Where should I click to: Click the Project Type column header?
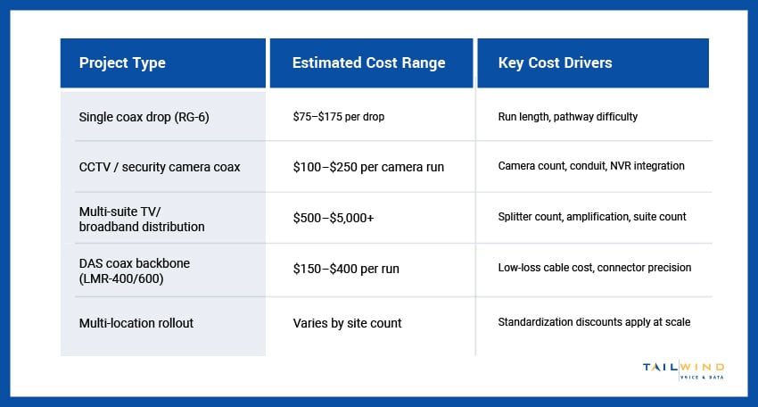point(122,63)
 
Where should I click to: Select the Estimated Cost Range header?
point(368,63)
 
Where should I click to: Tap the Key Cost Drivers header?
point(556,63)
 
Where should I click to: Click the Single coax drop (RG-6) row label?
point(144,117)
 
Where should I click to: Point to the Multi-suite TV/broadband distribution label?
point(142,219)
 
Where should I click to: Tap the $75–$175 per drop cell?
point(338,117)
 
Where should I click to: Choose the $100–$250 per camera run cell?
point(368,168)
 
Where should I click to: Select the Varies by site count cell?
point(347,323)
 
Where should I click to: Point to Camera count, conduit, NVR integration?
point(591,168)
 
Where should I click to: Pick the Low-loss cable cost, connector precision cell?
point(595,268)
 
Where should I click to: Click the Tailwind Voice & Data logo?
point(683,370)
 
